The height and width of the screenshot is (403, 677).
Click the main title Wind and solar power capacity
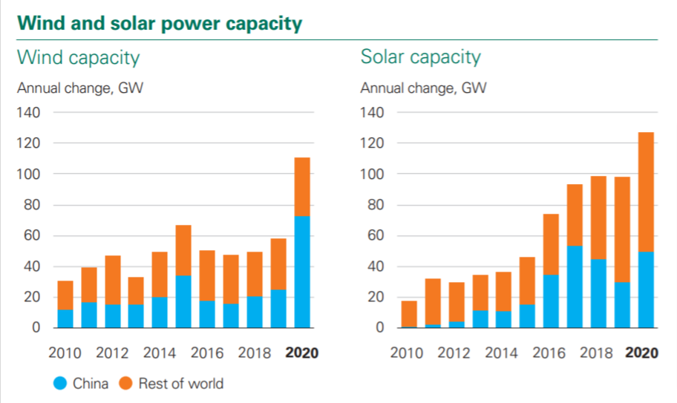[x=160, y=23]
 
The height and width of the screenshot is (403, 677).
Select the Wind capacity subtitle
[x=78, y=57]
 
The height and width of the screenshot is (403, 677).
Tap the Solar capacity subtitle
[x=421, y=57]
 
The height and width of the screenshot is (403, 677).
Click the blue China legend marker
[x=59, y=384]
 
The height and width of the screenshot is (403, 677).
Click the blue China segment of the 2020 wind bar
[x=302, y=272]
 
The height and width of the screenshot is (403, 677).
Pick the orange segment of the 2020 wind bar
[x=302, y=186]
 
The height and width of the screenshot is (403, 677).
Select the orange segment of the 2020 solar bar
[x=646, y=192]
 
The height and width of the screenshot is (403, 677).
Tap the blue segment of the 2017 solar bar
[x=575, y=286]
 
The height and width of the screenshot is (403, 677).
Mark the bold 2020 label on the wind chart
[x=302, y=353]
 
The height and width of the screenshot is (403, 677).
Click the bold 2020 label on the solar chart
[x=641, y=353]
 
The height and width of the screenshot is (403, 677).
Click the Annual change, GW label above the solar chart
[x=423, y=88]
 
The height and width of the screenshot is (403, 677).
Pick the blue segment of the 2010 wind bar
[x=65, y=318]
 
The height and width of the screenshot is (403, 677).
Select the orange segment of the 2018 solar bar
[x=598, y=217]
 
